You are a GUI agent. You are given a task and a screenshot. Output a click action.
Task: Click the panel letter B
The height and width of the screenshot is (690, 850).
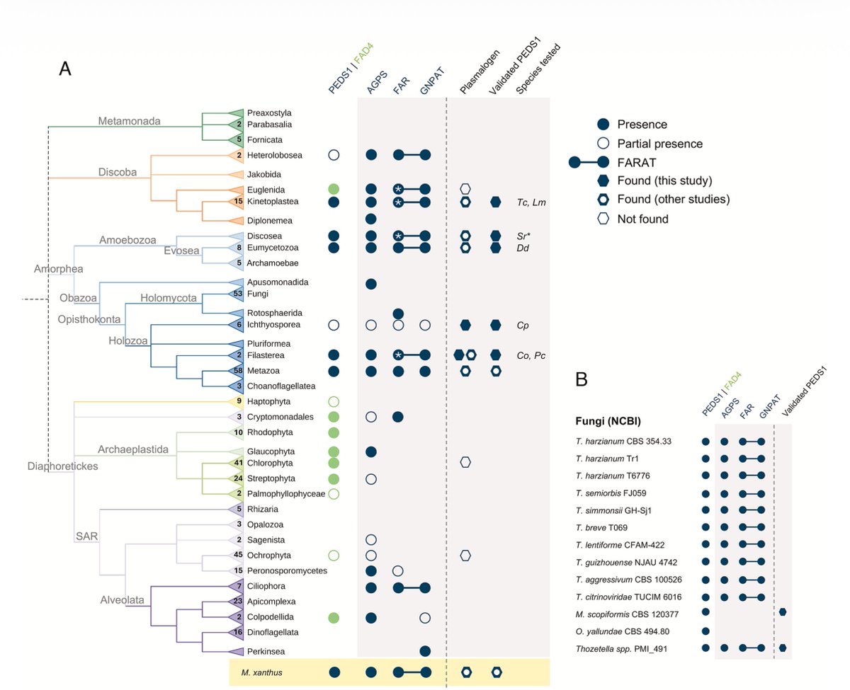click(581, 380)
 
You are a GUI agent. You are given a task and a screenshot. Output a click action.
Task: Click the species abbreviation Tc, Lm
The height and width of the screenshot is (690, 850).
click(531, 202)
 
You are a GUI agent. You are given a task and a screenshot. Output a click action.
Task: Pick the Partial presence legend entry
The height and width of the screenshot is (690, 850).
click(660, 144)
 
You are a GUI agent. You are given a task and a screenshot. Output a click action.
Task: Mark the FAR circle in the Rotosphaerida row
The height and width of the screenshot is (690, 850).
click(398, 313)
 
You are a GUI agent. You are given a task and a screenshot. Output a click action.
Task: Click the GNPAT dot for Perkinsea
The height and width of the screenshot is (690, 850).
click(425, 650)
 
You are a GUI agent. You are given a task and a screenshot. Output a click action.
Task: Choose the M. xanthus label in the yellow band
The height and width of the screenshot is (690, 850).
click(259, 672)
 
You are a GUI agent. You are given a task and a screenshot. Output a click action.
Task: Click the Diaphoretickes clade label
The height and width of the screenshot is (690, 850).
click(63, 466)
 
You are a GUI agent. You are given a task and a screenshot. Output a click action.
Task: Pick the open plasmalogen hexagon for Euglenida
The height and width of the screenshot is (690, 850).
click(465, 189)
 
